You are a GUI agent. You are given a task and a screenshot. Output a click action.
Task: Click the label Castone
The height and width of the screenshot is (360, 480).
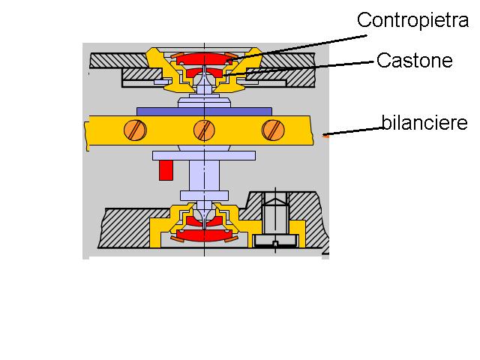coord(414,60)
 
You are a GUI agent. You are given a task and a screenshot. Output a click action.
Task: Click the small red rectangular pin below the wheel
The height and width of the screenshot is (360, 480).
coord(166,170)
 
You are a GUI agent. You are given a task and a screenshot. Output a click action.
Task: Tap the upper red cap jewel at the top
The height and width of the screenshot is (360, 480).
coord(203,59)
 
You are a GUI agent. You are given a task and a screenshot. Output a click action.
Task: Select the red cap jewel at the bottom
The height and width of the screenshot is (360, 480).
coord(203,235)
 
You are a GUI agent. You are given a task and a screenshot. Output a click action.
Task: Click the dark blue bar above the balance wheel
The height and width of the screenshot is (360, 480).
coord(203,111)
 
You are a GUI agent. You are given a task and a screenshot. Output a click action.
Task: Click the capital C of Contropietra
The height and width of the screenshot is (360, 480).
coord(363,20)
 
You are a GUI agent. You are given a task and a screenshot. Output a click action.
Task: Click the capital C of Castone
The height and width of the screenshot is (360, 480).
coord(382,60)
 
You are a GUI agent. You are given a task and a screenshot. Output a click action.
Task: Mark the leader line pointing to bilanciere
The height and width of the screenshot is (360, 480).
coord(352,131)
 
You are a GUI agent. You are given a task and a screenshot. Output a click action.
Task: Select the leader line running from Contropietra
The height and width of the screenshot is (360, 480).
coord(300,42)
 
